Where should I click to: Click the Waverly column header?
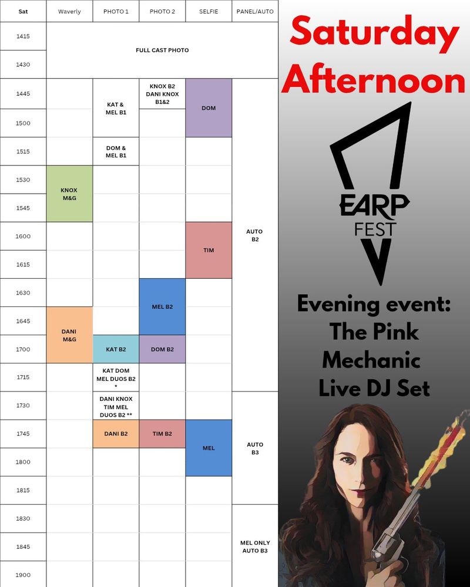pyautogui.click(x=69, y=11)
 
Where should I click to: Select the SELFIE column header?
pyautogui.click(x=209, y=11)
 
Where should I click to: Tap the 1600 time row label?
pyautogui.click(x=23, y=236)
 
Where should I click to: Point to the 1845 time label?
pyautogui.click(x=23, y=546)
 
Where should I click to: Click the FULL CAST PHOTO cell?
pyautogui.click(x=162, y=50)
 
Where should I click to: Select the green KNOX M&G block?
pyautogui.click(x=69, y=194)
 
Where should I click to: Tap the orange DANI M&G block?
pyautogui.click(x=69, y=335)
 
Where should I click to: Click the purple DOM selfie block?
pyautogui.click(x=209, y=108)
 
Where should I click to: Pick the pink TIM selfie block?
pyautogui.click(x=209, y=250)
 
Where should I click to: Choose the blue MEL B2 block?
pyautogui.click(x=162, y=306)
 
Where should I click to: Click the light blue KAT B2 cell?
pyautogui.click(x=116, y=349)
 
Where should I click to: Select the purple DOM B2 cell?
pyautogui.click(x=162, y=349)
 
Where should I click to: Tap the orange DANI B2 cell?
pyautogui.click(x=116, y=434)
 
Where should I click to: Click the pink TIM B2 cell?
pyautogui.click(x=162, y=434)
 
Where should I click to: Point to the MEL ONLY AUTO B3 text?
pyautogui.click(x=255, y=546)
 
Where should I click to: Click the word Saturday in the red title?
pyautogui.click(x=374, y=35)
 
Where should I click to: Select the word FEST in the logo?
pyautogui.click(x=375, y=229)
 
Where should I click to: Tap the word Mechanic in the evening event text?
pyautogui.click(x=371, y=360)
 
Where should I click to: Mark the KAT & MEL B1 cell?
pyautogui.click(x=116, y=108)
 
